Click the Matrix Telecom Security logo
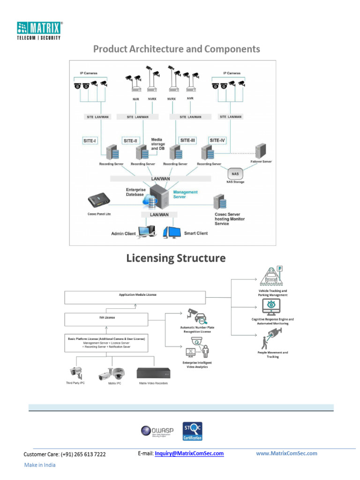coord(39,30)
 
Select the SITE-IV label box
coord(217,140)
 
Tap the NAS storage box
coord(235,174)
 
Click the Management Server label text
coord(186,194)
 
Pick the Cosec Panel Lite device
coord(99,201)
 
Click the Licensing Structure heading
coord(176,258)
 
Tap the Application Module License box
coord(135,297)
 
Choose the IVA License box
coord(106,320)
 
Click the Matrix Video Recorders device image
coord(154,373)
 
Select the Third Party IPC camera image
coord(75,372)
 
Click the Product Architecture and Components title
coord(176,49)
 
